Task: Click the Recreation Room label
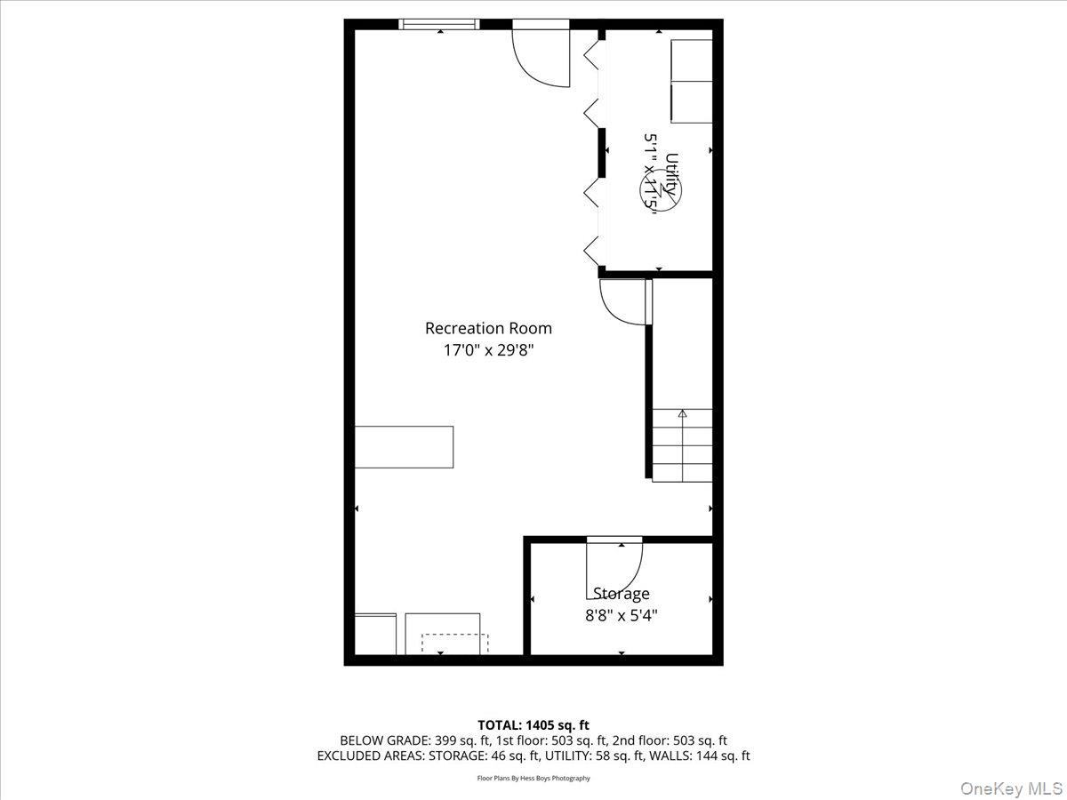[488, 328]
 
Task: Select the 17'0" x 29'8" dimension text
[488, 350]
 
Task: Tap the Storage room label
[622, 593]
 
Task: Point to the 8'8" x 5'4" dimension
[622, 614]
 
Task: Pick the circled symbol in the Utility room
[659, 190]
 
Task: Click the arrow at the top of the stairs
[683, 413]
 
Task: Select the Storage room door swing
[614, 569]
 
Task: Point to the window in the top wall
[439, 24]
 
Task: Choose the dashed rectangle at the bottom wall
[454, 644]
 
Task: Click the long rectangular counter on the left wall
[405, 447]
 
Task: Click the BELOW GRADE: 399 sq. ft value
[407, 740]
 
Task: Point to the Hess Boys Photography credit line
[533, 778]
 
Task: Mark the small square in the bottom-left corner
[375, 634]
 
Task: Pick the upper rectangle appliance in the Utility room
[692, 60]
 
